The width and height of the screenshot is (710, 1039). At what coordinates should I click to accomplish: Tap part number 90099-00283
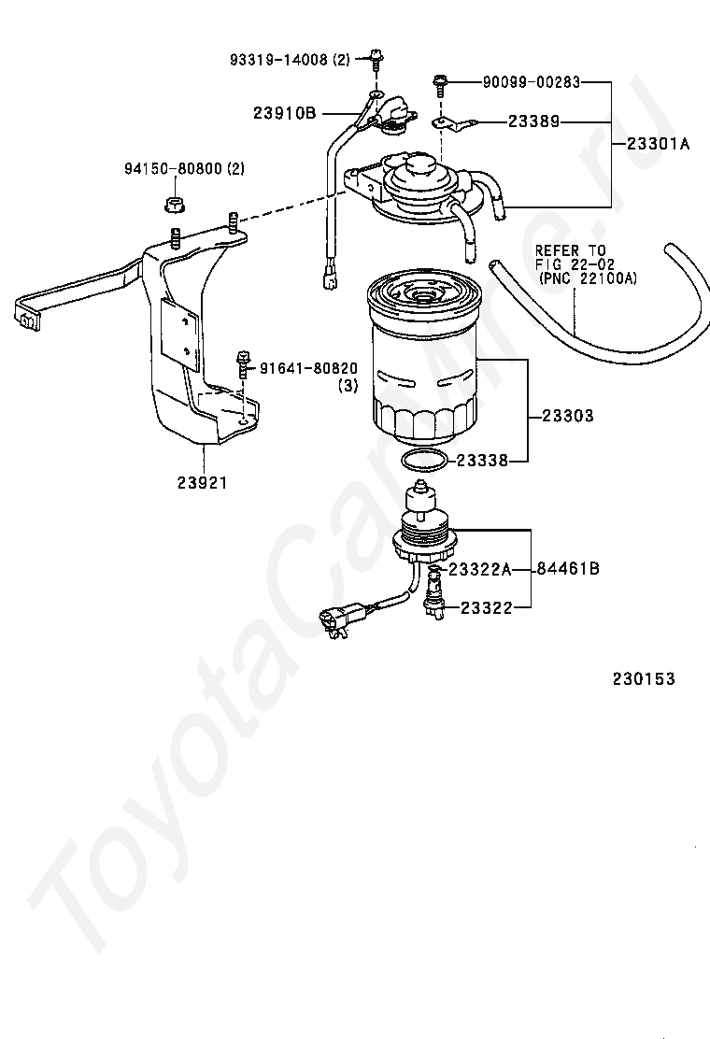click(531, 82)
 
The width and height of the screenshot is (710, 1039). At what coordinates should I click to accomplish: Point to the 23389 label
click(534, 121)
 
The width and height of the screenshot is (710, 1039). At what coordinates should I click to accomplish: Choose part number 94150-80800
click(173, 168)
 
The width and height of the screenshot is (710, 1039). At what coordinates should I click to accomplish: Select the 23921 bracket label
click(202, 483)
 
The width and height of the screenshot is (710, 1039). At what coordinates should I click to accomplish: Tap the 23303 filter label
click(567, 416)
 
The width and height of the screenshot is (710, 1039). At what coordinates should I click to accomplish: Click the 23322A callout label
click(480, 568)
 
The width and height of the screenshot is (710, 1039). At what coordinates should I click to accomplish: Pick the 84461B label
click(568, 568)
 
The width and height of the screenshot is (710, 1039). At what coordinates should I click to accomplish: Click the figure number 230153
click(644, 679)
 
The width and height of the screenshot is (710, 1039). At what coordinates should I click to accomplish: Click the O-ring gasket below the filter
click(423, 461)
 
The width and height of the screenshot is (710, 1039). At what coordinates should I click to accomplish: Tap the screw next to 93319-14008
click(375, 58)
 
